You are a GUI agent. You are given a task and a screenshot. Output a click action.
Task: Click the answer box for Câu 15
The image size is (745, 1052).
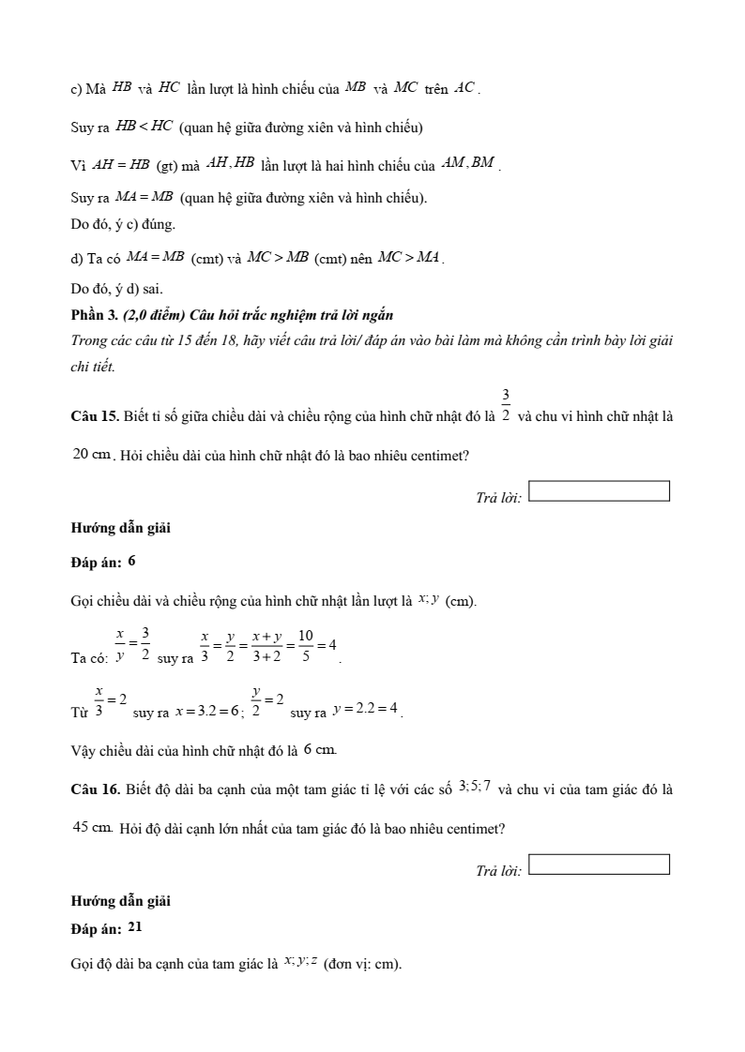click(x=599, y=491)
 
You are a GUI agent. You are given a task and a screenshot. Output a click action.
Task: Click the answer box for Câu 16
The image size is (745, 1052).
click(x=599, y=864)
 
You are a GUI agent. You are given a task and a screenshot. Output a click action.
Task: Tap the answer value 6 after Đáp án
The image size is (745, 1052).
click(x=131, y=561)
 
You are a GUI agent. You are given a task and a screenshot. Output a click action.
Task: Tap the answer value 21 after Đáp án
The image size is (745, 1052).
click(x=135, y=926)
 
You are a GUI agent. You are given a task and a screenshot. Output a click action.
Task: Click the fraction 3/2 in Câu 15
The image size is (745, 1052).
click(x=506, y=405)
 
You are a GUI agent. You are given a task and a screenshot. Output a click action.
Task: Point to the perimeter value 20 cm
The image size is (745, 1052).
click(x=92, y=455)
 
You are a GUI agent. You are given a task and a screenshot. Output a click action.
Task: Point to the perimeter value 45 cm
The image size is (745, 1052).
click(x=93, y=827)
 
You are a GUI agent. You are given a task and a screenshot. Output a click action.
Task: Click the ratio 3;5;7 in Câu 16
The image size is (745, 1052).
click(x=475, y=787)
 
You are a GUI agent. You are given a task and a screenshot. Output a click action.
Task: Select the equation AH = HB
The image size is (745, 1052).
click(x=122, y=164)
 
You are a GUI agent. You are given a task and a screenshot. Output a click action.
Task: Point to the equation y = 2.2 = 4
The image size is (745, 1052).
click(x=366, y=712)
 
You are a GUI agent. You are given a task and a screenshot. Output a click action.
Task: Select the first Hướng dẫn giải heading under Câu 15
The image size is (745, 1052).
click(x=120, y=528)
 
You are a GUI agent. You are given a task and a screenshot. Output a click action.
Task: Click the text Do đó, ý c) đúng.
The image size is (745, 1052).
click(x=123, y=225)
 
